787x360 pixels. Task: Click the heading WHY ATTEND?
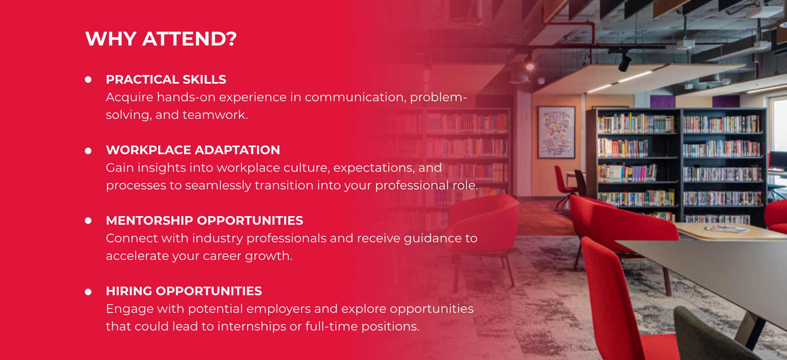point(161,39)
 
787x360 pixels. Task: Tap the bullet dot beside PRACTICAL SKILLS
point(88,80)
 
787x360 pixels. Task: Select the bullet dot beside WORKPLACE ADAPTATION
point(88,151)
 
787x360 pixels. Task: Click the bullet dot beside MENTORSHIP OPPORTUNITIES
point(88,221)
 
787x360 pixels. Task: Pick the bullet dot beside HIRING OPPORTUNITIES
point(88,292)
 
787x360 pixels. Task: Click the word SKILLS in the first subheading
point(204,80)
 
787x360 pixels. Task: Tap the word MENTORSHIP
point(150,221)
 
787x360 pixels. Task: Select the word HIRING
point(129,291)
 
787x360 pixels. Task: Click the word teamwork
point(215,115)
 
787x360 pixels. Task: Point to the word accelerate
point(137,256)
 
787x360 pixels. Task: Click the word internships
point(252,326)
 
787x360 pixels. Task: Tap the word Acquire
point(130,98)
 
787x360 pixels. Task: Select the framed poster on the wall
point(556,132)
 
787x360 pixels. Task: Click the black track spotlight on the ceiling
point(625,62)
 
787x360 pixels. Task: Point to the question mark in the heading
point(231,39)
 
